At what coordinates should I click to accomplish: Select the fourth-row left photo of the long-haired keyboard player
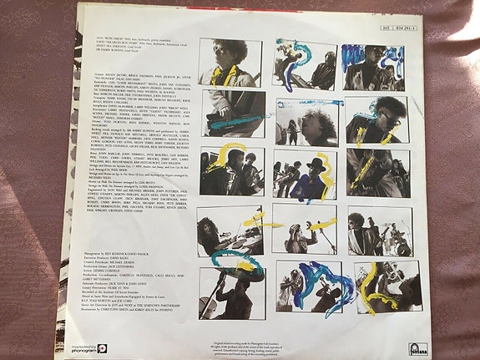click(x=229, y=230)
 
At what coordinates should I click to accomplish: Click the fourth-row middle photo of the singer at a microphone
click(x=304, y=230)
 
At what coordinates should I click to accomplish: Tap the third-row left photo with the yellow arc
click(x=230, y=172)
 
